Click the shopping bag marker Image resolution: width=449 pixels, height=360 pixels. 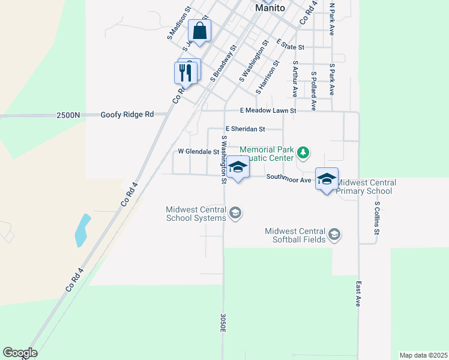[199, 31]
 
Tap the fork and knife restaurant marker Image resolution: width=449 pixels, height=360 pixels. [185, 73]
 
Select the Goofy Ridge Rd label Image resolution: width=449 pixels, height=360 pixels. [127, 114]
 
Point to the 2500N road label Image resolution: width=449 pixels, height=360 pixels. [68, 115]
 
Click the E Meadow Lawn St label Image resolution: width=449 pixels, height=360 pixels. [268, 110]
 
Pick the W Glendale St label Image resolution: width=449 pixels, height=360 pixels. [198, 152]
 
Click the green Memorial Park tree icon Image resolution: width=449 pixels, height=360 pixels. [304, 152]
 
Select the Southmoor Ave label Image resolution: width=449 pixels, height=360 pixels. [289, 178]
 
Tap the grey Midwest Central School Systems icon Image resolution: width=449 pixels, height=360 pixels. [235, 212]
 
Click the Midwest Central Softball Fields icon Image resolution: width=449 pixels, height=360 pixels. [334, 234]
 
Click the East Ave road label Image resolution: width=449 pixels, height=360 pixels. [358, 294]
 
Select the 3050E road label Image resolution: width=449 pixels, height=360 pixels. [223, 323]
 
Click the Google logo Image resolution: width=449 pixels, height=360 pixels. [20, 353]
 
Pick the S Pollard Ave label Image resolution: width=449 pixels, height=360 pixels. [313, 91]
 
